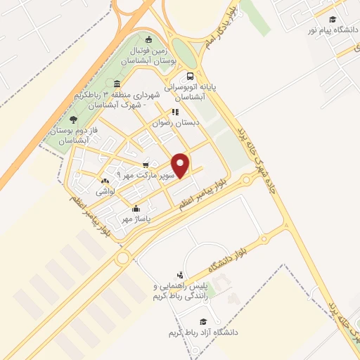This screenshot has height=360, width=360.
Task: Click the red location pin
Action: [181, 166]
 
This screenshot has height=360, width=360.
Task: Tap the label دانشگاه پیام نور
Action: [332, 30]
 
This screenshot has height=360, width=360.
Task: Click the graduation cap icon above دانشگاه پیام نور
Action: [332, 19]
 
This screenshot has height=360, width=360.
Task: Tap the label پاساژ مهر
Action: [136, 219]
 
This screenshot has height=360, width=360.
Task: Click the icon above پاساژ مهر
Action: [136, 208]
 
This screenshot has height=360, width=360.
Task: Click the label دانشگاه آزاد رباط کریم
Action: [204, 331]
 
